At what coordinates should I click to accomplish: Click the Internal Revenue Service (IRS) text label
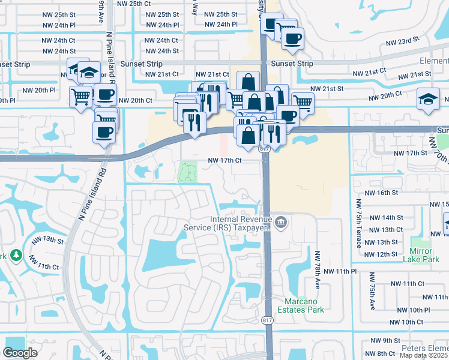point(240,223)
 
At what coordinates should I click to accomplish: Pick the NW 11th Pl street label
point(340,272)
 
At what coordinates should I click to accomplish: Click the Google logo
point(20,353)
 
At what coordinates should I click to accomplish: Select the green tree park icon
point(16,256)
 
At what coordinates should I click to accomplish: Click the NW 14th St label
point(384,217)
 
